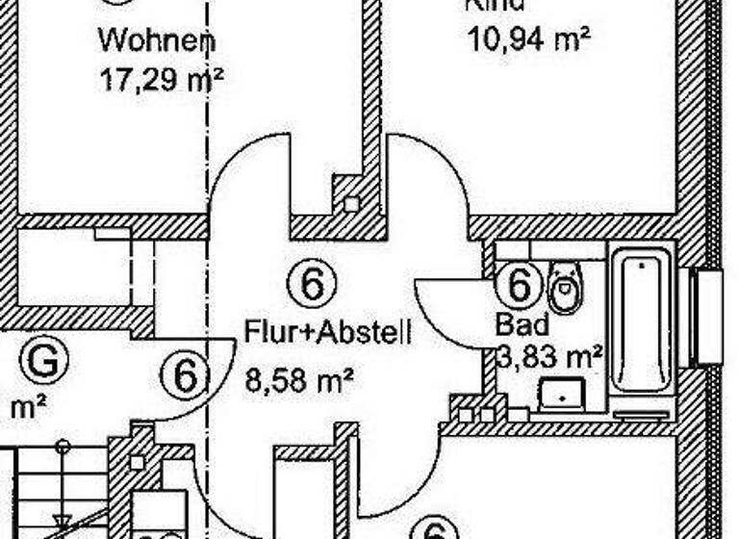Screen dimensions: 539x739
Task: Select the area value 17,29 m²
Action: (x=161, y=78)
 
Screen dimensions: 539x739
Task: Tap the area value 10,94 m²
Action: (x=527, y=39)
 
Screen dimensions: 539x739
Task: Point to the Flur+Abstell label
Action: (x=328, y=334)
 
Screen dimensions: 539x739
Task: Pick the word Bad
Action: (x=522, y=323)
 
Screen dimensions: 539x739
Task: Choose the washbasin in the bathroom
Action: (x=559, y=393)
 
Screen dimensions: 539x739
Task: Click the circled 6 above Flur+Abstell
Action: (x=311, y=285)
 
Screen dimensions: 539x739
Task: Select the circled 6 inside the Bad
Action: (x=519, y=285)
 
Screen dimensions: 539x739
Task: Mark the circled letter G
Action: (x=44, y=361)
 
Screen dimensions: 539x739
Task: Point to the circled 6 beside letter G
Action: (x=185, y=373)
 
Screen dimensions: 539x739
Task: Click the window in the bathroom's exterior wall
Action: (x=708, y=318)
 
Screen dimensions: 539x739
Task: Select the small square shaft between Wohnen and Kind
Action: (x=351, y=204)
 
